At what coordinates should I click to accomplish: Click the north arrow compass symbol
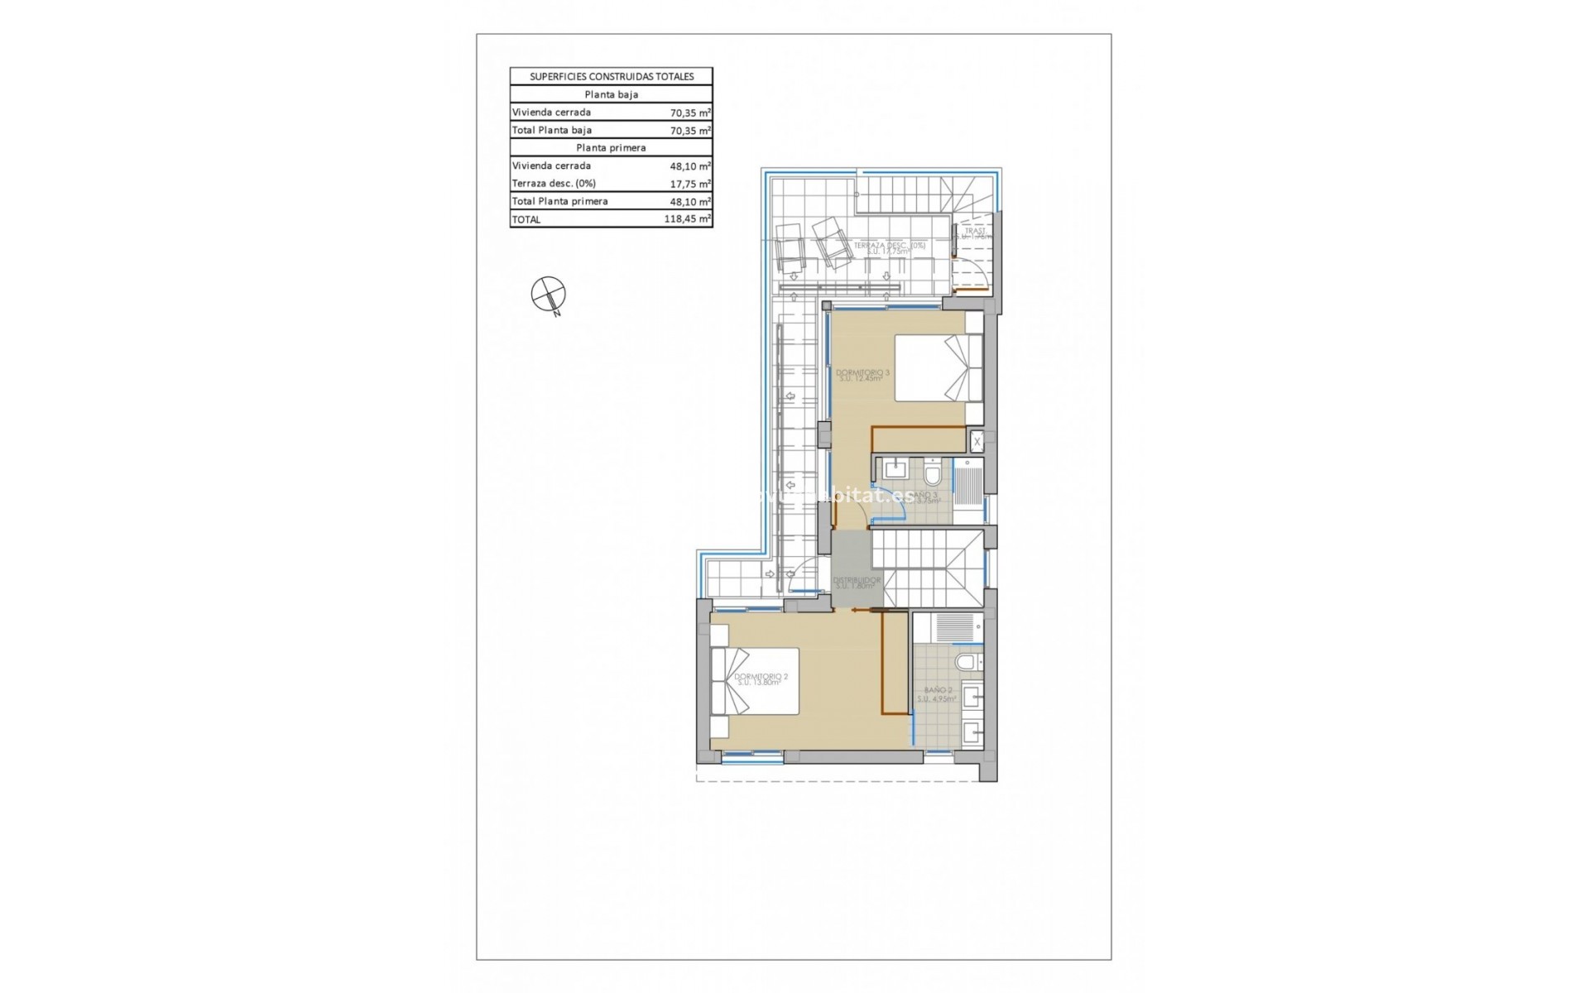tap(549, 294)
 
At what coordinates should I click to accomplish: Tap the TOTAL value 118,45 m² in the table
tap(688, 219)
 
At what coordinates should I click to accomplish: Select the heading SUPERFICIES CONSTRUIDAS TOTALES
tap(611, 76)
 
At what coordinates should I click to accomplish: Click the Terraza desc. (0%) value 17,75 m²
tap(690, 184)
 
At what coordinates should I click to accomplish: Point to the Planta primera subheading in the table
tap(611, 147)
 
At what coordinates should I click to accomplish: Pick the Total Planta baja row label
tap(552, 130)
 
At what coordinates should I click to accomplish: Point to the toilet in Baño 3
tap(933, 475)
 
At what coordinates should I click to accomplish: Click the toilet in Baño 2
tap(965, 663)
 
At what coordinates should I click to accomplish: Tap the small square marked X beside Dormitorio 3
tap(977, 442)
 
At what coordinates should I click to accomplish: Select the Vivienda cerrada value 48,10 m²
tap(690, 165)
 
